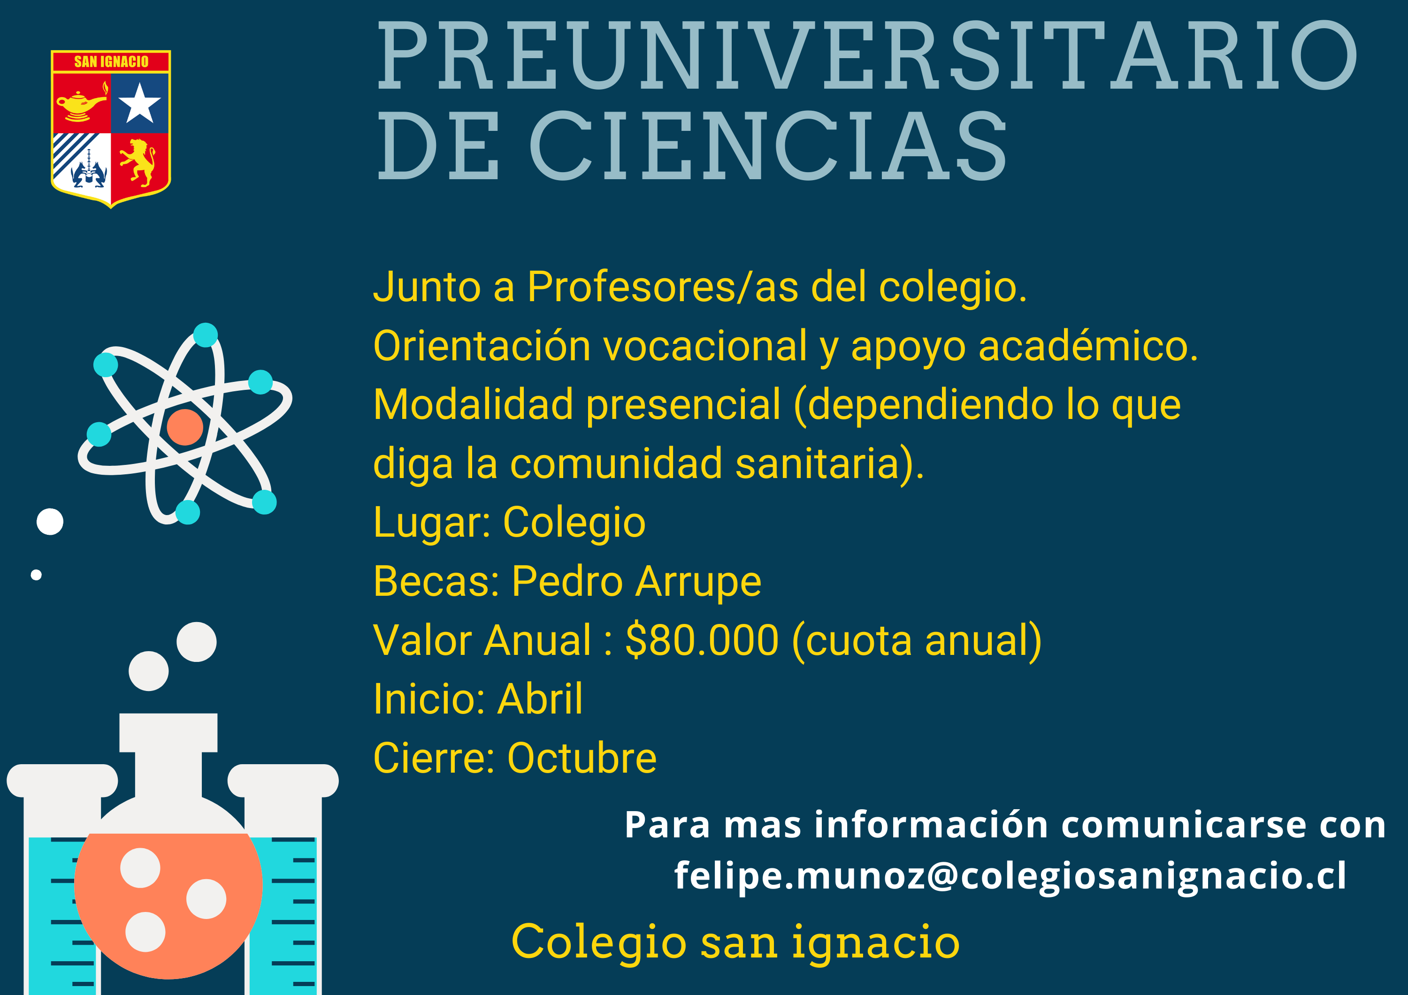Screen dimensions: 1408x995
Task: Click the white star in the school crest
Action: coord(139,103)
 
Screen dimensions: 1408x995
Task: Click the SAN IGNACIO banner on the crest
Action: coord(111,61)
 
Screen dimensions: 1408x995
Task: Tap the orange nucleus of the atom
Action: coord(184,427)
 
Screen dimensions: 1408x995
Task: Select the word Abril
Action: coord(540,699)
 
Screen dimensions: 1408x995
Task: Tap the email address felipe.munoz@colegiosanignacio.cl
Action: coord(1010,876)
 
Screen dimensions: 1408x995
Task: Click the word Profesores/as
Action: coord(663,287)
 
